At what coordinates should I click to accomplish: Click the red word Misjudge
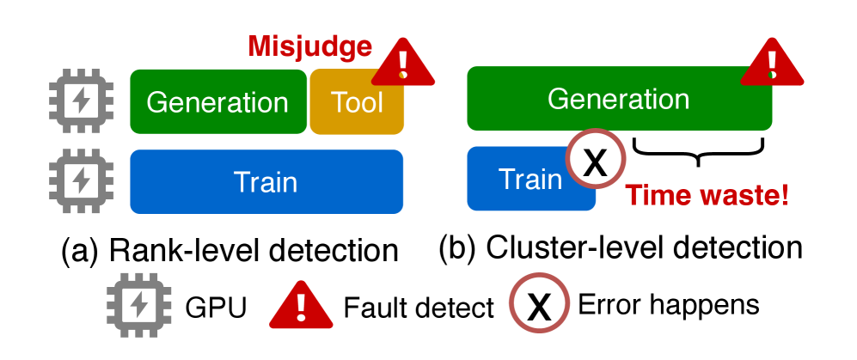(x=309, y=46)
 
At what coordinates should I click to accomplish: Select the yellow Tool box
(x=357, y=103)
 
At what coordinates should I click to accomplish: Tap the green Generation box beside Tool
(x=217, y=102)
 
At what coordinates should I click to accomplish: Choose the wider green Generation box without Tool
(x=618, y=100)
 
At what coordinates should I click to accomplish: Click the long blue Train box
(x=266, y=182)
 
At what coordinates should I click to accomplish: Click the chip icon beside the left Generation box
(x=81, y=102)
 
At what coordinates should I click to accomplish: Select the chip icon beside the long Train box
(x=81, y=180)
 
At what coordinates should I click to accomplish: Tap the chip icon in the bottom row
(x=139, y=305)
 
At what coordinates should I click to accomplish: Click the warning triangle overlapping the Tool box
(x=402, y=64)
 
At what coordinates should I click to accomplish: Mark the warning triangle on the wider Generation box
(x=771, y=64)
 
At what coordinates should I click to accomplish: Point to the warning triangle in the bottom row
(x=301, y=307)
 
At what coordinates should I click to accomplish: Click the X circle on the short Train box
(x=595, y=161)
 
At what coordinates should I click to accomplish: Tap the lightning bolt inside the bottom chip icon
(x=139, y=305)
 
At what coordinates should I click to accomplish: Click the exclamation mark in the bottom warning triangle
(x=301, y=307)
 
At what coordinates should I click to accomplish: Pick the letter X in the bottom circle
(x=539, y=306)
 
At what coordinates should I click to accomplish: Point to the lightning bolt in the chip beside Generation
(x=81, y=102)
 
